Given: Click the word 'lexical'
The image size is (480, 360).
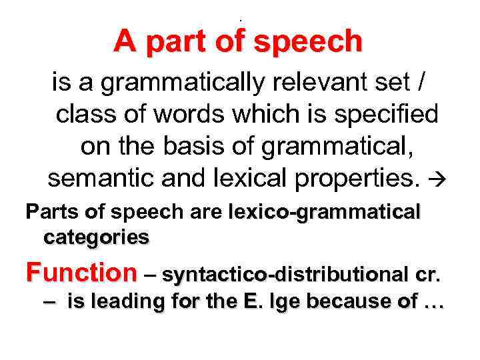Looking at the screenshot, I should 237,177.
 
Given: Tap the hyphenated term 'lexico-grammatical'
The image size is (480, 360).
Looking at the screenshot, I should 325,213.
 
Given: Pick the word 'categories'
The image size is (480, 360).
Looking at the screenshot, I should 96,237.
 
